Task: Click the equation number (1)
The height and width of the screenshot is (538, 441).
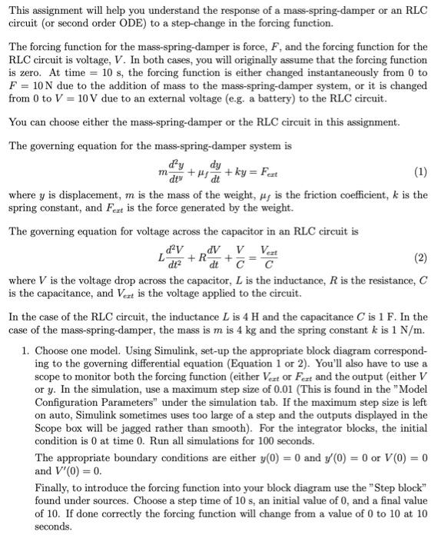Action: [420, 171]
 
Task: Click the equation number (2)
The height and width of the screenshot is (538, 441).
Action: [420, 258]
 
